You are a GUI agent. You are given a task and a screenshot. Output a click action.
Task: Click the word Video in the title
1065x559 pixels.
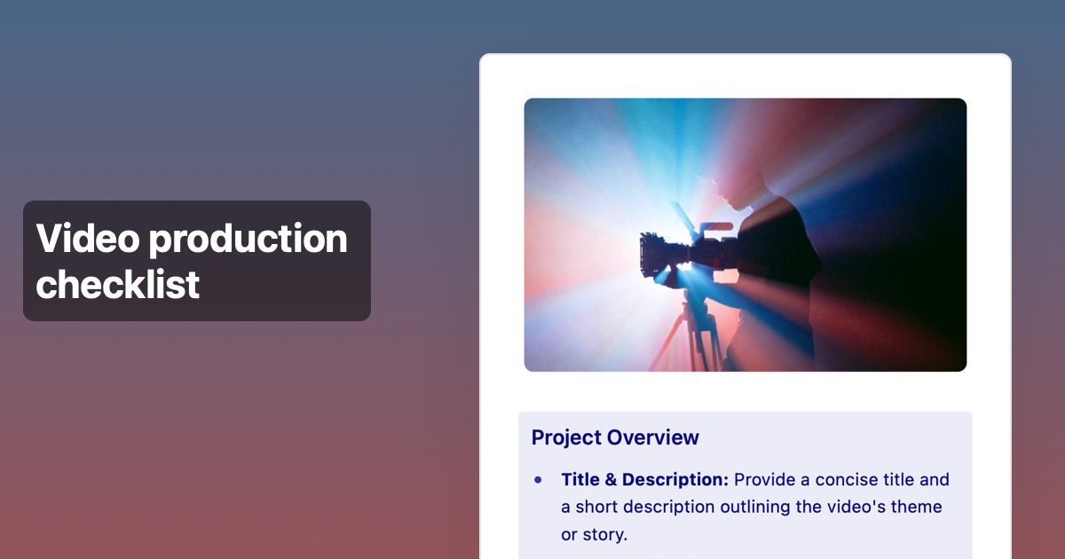point(85,239)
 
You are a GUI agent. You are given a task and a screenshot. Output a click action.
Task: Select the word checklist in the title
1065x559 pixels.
point(117,284)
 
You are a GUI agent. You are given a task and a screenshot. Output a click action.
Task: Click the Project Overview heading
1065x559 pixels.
point(615,437)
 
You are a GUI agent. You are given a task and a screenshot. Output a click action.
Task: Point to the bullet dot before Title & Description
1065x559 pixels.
point(538,480)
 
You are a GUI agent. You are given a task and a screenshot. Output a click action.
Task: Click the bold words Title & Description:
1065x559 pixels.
point(644,480)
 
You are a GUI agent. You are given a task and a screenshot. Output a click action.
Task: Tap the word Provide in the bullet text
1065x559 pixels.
point(766,480)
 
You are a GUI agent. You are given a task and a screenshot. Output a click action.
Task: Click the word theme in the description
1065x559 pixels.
point(919,508)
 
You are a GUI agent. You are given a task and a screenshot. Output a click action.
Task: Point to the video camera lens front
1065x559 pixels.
point(645,254)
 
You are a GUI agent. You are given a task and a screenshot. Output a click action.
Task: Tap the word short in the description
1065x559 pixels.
point(598,508)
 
